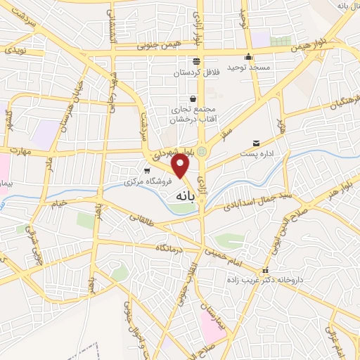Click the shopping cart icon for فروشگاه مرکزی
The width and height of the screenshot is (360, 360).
pos(147,170)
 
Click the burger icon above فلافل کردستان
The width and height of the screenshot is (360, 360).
pos(196,60)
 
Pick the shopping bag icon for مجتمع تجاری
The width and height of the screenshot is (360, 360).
pos(193,98)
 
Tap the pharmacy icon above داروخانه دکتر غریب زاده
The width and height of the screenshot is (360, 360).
pos(265,271)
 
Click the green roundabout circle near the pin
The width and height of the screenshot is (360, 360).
pos(202,150)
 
